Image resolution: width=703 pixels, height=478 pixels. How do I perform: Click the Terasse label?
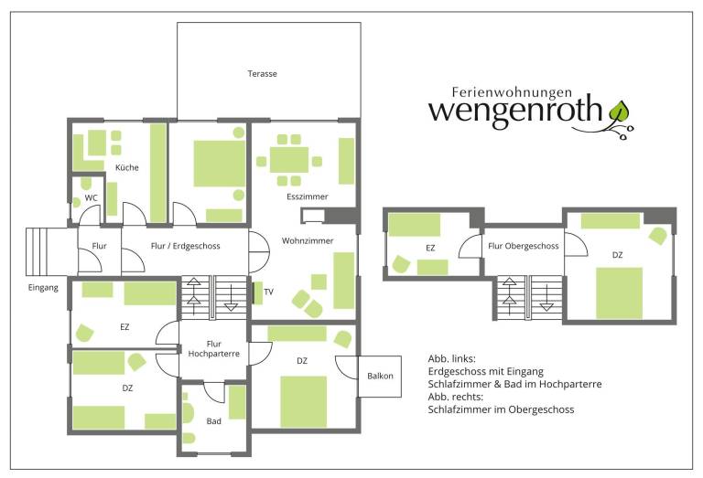pos(263,73)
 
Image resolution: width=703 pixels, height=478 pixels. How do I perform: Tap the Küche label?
pos(127,167)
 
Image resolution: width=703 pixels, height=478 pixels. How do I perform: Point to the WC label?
pos(91,197)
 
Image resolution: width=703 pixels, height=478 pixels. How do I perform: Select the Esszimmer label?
pos(308,197)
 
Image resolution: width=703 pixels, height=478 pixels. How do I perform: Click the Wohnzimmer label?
pos(308,240)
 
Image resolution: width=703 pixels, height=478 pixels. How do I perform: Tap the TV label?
pos(268,292)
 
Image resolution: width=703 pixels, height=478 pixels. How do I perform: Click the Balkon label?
pos(380,376)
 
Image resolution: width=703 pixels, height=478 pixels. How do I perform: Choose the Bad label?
pos(214,421)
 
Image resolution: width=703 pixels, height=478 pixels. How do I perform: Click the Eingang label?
pos(43,287)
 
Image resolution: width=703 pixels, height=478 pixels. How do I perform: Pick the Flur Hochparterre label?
pos(214,348)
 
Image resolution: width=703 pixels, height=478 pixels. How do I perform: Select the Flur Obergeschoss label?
pos(524,246)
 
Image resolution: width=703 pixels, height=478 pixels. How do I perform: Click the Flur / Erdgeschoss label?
pos(186,246)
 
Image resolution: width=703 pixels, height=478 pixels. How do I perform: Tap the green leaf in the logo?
pos(619,112)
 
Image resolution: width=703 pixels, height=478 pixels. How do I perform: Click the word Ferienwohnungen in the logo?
pos(512,92)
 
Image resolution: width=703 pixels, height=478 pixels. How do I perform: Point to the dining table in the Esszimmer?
pos(289,160)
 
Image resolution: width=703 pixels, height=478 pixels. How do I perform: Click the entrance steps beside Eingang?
pos(37,251)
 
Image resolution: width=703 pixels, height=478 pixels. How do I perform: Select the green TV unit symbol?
pos(258,293)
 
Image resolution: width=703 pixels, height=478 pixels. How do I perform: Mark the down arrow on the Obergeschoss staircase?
pos(546,297)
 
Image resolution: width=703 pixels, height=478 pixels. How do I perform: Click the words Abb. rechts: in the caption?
pos(456,397)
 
